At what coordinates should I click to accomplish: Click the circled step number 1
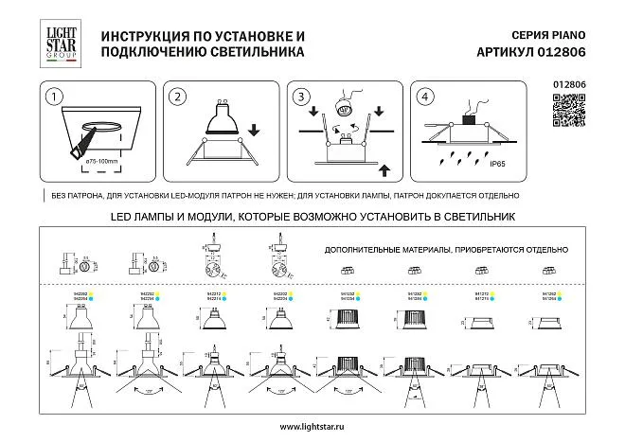[x=55, y=97]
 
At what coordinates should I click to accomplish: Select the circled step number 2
[x=175, y=97]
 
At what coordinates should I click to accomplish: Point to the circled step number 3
[x=301, y=97]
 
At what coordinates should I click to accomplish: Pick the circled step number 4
[x=424, y=97]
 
